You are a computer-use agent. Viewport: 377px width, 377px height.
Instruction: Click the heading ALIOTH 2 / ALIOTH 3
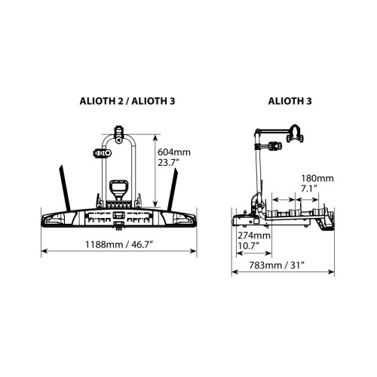pyautogui.click(x=127, y=101)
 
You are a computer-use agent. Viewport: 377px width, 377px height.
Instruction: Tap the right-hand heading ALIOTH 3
pyautogui.click(x=290, y=101)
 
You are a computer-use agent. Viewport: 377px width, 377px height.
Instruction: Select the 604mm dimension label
pyautogui.click(x=174, y=152)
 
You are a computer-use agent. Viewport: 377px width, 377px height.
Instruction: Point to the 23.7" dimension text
pyautogui.click(x=168, y=163)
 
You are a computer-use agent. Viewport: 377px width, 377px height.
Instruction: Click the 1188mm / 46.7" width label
pyautogui.click(x=119, y=244)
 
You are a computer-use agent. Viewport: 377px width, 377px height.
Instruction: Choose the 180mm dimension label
pyautogui.click(x=317, y=179)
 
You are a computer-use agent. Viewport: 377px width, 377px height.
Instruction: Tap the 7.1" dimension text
pyautogui.click(x=309, y=188)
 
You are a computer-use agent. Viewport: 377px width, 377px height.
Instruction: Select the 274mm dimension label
pyautogui.click(x=254, y=235)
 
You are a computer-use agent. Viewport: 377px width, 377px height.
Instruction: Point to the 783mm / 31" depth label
pyautogui.click(x=277, y=265)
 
